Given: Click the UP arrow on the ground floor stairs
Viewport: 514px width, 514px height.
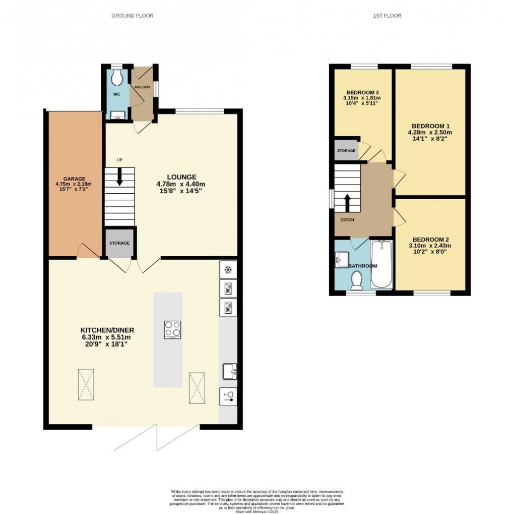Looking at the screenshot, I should [120, 177].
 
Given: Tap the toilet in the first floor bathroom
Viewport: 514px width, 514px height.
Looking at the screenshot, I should [357, 280].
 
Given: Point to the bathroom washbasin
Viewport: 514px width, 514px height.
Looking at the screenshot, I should [339, 260].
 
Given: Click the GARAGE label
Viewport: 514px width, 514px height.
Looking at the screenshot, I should [74, 179].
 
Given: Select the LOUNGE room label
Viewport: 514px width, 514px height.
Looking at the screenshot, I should [180, 177].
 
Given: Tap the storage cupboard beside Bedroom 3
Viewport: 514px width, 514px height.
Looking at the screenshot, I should [346, 151].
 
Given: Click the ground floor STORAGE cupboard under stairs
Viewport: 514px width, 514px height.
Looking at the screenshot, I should [119, 243].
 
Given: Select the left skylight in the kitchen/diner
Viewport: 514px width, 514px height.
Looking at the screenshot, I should [86, 383].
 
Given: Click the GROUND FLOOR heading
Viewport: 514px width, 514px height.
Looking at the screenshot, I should [132, 16].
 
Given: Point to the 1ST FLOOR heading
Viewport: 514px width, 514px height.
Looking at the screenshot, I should [387, 16].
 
